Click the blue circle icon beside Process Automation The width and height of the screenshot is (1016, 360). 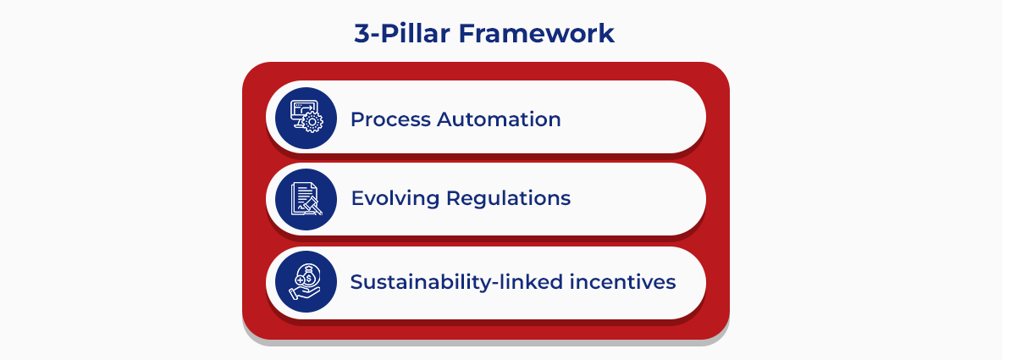click(x=306, y=119)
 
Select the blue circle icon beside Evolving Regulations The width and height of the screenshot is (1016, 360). click(x=306, y=199)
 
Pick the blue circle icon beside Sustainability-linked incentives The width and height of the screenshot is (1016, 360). click(x=306, y=282)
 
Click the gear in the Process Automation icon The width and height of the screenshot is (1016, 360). click(x=313, y=124)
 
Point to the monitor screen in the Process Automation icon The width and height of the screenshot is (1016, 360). click(x=301, y=111)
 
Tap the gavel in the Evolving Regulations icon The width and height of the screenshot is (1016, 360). click(x=312, y=205)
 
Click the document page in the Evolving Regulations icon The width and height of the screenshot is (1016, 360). click(x=301, y=194)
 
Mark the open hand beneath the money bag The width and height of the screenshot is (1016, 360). click(x=303, y=293)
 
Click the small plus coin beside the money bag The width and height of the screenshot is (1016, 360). click(x=299, y=280)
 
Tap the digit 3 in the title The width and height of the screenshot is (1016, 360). click(x=362, y=33)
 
